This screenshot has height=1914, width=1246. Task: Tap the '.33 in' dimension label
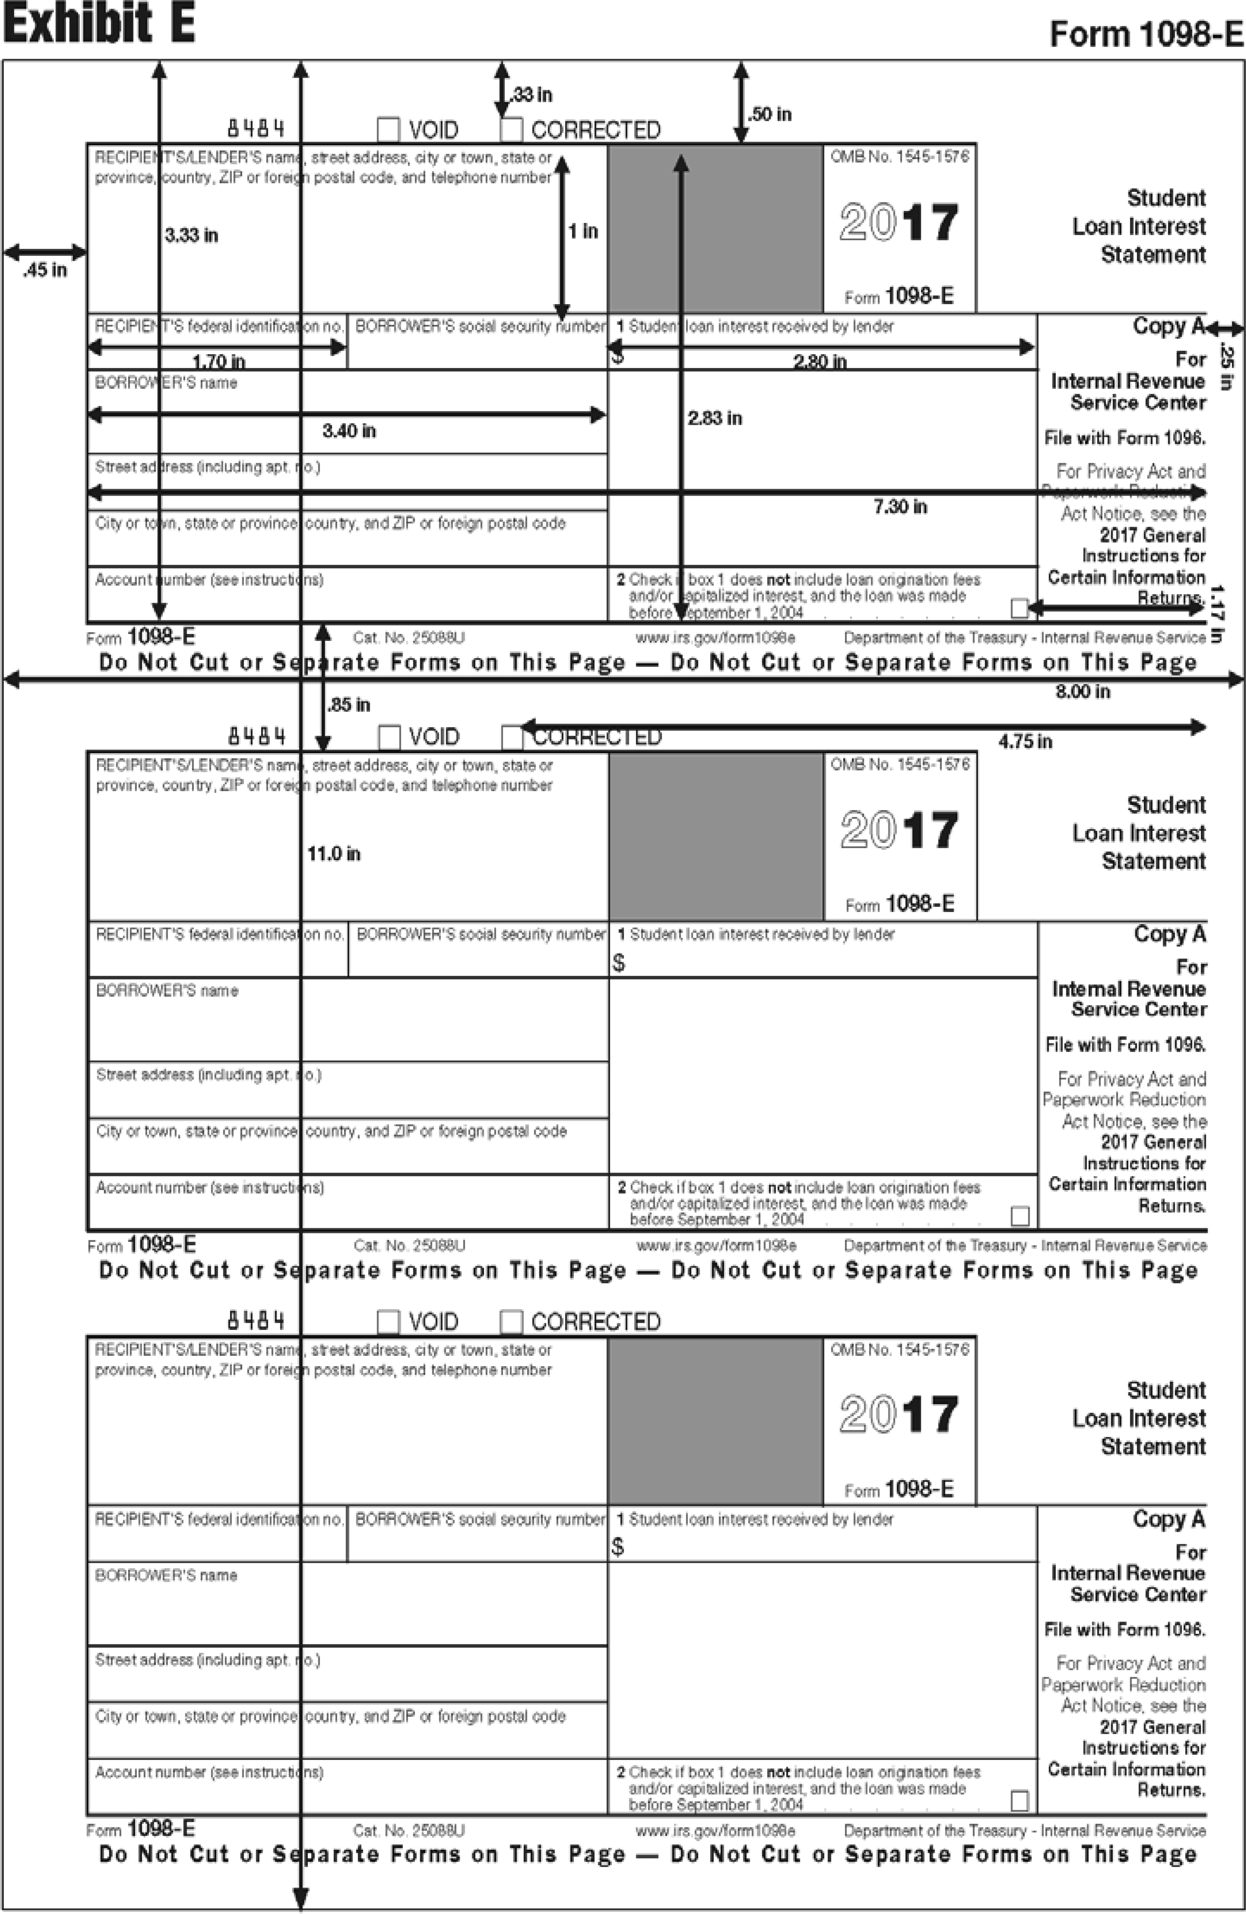pyautogui.click(x=532, y=95)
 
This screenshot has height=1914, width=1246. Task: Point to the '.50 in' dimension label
pyautogui.click(x=770, y=114)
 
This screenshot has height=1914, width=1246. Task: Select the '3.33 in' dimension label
pyautogui.click(x=191, y=235)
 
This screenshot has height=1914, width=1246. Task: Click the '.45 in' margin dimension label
pyautogui.click(x=45, y=270)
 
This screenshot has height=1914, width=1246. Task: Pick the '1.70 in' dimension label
pyautogui.click(x=219, y=362)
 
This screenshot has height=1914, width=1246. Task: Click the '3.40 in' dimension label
pyautogui.click(x=349, y=431)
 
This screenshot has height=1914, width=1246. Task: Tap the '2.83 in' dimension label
pyautogui.click(x=715, y=418)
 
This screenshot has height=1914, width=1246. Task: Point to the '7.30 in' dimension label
pyautogui.click(x=900, y=507)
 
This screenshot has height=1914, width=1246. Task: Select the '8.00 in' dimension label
pyautogui.click(x=1082, y=692)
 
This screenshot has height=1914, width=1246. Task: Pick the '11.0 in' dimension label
pyautogui.click(x=333, y=854)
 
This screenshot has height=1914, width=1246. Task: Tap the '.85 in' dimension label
pyautogui.click(x=349, y=705)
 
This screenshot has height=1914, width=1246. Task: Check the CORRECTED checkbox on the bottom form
pyautogui.click(x=511, y=1322)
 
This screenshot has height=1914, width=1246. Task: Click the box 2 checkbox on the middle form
pyautogui.click(x=1019, y=1216)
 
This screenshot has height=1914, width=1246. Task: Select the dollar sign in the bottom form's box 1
pyautogui.click(x=617, y=1546)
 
